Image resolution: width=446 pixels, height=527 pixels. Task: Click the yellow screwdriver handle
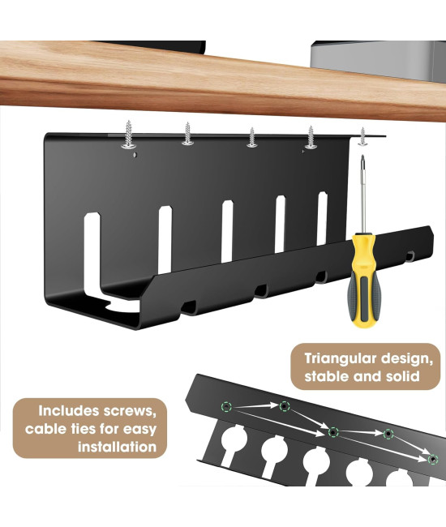pos(362,280)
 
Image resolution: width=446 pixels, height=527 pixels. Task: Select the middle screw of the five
pos(251,138)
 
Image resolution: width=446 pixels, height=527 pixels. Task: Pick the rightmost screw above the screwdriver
pos(362,136)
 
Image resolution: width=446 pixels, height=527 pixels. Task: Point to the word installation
pos(117,447)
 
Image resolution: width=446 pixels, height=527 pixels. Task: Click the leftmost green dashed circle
pos(226,407)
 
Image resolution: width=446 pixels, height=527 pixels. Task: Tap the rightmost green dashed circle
pos(433,459)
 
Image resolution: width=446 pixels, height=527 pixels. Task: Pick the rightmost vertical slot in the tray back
pos(322,218)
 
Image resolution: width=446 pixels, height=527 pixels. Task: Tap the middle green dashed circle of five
pos(333,432)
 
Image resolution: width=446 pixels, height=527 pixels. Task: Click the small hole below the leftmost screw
pos(135,155)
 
